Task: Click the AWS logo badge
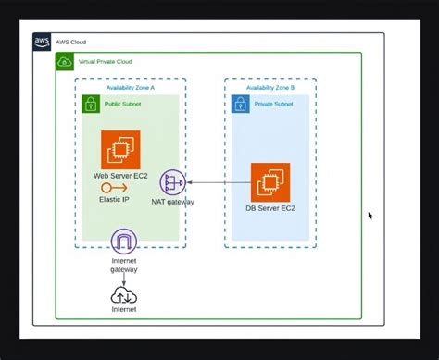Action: [x=43, y=42]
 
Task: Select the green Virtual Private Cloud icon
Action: [x=65, y=61]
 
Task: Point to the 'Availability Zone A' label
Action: [x=130, y=86]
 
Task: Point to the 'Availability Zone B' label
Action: [x=270, y=86]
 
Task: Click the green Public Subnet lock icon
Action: [x=90, y=104]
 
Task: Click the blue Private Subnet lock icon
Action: [x=240, y=104]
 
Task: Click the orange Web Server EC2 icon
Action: [x=120, y=150]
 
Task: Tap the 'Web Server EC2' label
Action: [x=121, y=175]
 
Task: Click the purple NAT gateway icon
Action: [x=172, y=182]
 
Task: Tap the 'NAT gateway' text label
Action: [x=172, y=201]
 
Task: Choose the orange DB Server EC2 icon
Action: [x=270, y=181]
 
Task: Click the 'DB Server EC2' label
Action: [x=270, y=208]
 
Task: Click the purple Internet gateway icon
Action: [x=123, y=242]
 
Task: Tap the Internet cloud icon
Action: [x=123, y=295]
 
